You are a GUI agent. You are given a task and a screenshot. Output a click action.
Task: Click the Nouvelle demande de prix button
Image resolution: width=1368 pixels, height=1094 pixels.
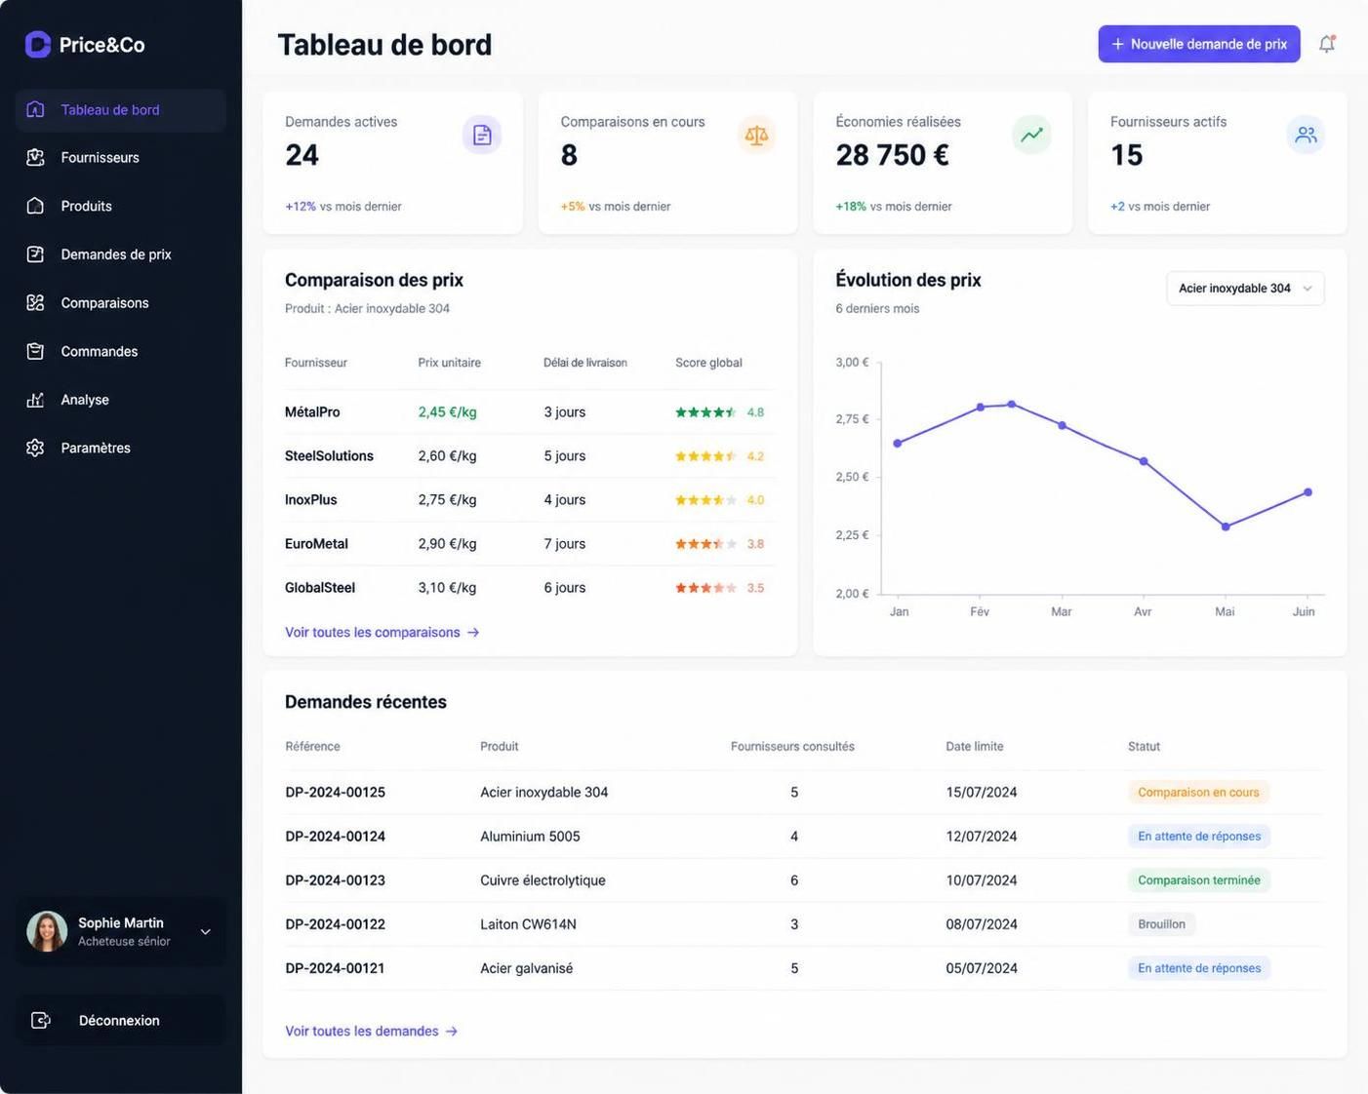click(x=1199, y=44)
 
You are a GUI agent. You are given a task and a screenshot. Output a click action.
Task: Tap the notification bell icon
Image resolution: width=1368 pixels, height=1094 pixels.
click(x=1327, y=44)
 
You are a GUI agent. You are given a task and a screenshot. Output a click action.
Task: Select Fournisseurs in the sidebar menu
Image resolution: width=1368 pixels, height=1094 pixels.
click(x=100, y=158)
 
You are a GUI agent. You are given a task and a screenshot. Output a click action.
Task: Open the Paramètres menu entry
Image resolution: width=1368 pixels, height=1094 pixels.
click(x=96, y=448)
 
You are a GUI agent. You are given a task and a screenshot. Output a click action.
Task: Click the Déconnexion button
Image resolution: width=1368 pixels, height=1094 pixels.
click(x=119, y=1020)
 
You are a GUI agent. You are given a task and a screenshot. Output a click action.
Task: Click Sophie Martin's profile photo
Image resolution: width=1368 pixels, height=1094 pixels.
click(x=47, y=931)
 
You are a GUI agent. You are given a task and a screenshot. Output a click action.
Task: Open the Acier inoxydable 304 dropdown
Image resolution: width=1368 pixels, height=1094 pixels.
click(x=1245, y=289)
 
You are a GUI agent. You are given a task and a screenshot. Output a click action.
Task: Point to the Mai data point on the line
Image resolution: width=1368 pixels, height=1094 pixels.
click(x=1226, y=527)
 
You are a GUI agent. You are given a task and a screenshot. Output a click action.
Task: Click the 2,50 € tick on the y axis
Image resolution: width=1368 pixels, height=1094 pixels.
click(x=852, y=477)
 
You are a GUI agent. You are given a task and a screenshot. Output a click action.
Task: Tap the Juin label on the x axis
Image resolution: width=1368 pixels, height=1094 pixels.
click(x=1304, y=611)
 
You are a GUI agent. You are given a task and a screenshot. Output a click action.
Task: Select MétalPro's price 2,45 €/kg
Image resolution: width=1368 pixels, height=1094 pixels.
click(x=448, y=411)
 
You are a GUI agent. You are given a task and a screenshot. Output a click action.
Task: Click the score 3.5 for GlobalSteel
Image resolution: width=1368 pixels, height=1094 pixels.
click(x=755, y=588)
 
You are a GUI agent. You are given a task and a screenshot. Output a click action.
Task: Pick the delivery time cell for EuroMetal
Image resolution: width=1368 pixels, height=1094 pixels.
click(x=565, y=544)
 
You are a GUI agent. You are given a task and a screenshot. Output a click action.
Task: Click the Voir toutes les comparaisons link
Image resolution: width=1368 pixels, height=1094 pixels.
click(x=382, y=632)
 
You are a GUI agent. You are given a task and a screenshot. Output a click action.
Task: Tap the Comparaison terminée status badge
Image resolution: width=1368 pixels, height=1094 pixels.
click(x=1199, y=879)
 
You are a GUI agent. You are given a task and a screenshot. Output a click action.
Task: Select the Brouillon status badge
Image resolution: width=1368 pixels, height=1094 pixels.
click(x=1161, y=923)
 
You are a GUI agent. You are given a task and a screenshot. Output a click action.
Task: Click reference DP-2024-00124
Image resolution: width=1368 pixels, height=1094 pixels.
click(x=335, y=836)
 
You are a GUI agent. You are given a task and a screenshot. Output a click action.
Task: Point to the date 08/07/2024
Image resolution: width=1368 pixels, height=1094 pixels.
click(x=982, y=923)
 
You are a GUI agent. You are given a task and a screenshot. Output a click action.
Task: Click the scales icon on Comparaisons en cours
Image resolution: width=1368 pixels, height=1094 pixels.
click(x=756, y=135)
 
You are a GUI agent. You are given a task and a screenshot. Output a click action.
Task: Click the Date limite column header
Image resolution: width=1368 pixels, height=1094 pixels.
click(x=975, y=747)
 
